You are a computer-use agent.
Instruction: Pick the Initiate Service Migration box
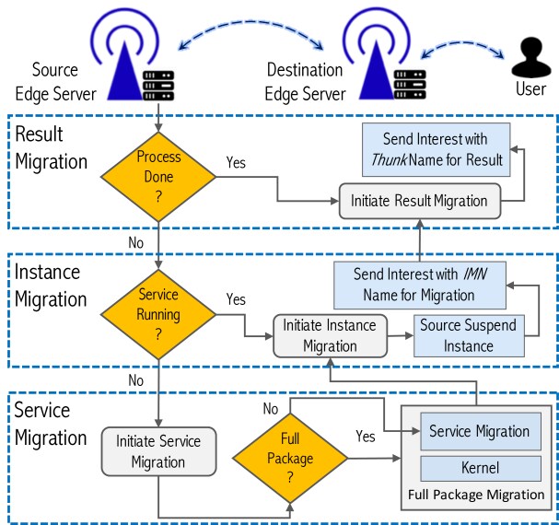point(157,450)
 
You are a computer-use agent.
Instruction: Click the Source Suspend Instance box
point(468,335)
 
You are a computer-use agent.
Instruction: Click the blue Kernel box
point(479,468)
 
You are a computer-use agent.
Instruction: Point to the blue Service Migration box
point(479,431)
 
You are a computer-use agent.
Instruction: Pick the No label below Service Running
point(135,379)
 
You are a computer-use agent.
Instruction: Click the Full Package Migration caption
point(477,495)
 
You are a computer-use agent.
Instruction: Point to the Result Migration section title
point(52,147)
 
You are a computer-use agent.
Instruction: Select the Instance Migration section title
point(52,286)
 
